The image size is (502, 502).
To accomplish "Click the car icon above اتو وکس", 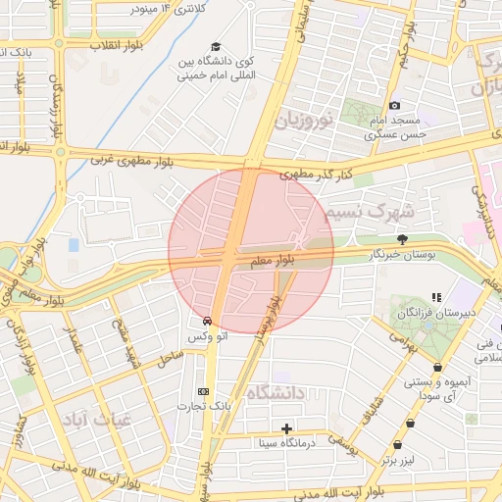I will pyautogui.click(x=207, y=321).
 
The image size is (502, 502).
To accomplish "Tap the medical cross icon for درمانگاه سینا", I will pyautogui.click(x=286, y=428).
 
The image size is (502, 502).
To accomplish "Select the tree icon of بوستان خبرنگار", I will pyautogui.click(x=402, y=239).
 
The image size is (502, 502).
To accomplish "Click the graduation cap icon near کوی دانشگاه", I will pyautogui.click(x=216, y=47).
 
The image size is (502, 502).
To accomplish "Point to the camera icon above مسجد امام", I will pyautogui.click(x=394, y=105).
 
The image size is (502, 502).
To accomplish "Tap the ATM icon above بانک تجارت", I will pyautogui.click(x=203, y=390).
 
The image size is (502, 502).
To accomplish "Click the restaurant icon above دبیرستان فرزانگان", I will pyautogui.click(x=436, y=297).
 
